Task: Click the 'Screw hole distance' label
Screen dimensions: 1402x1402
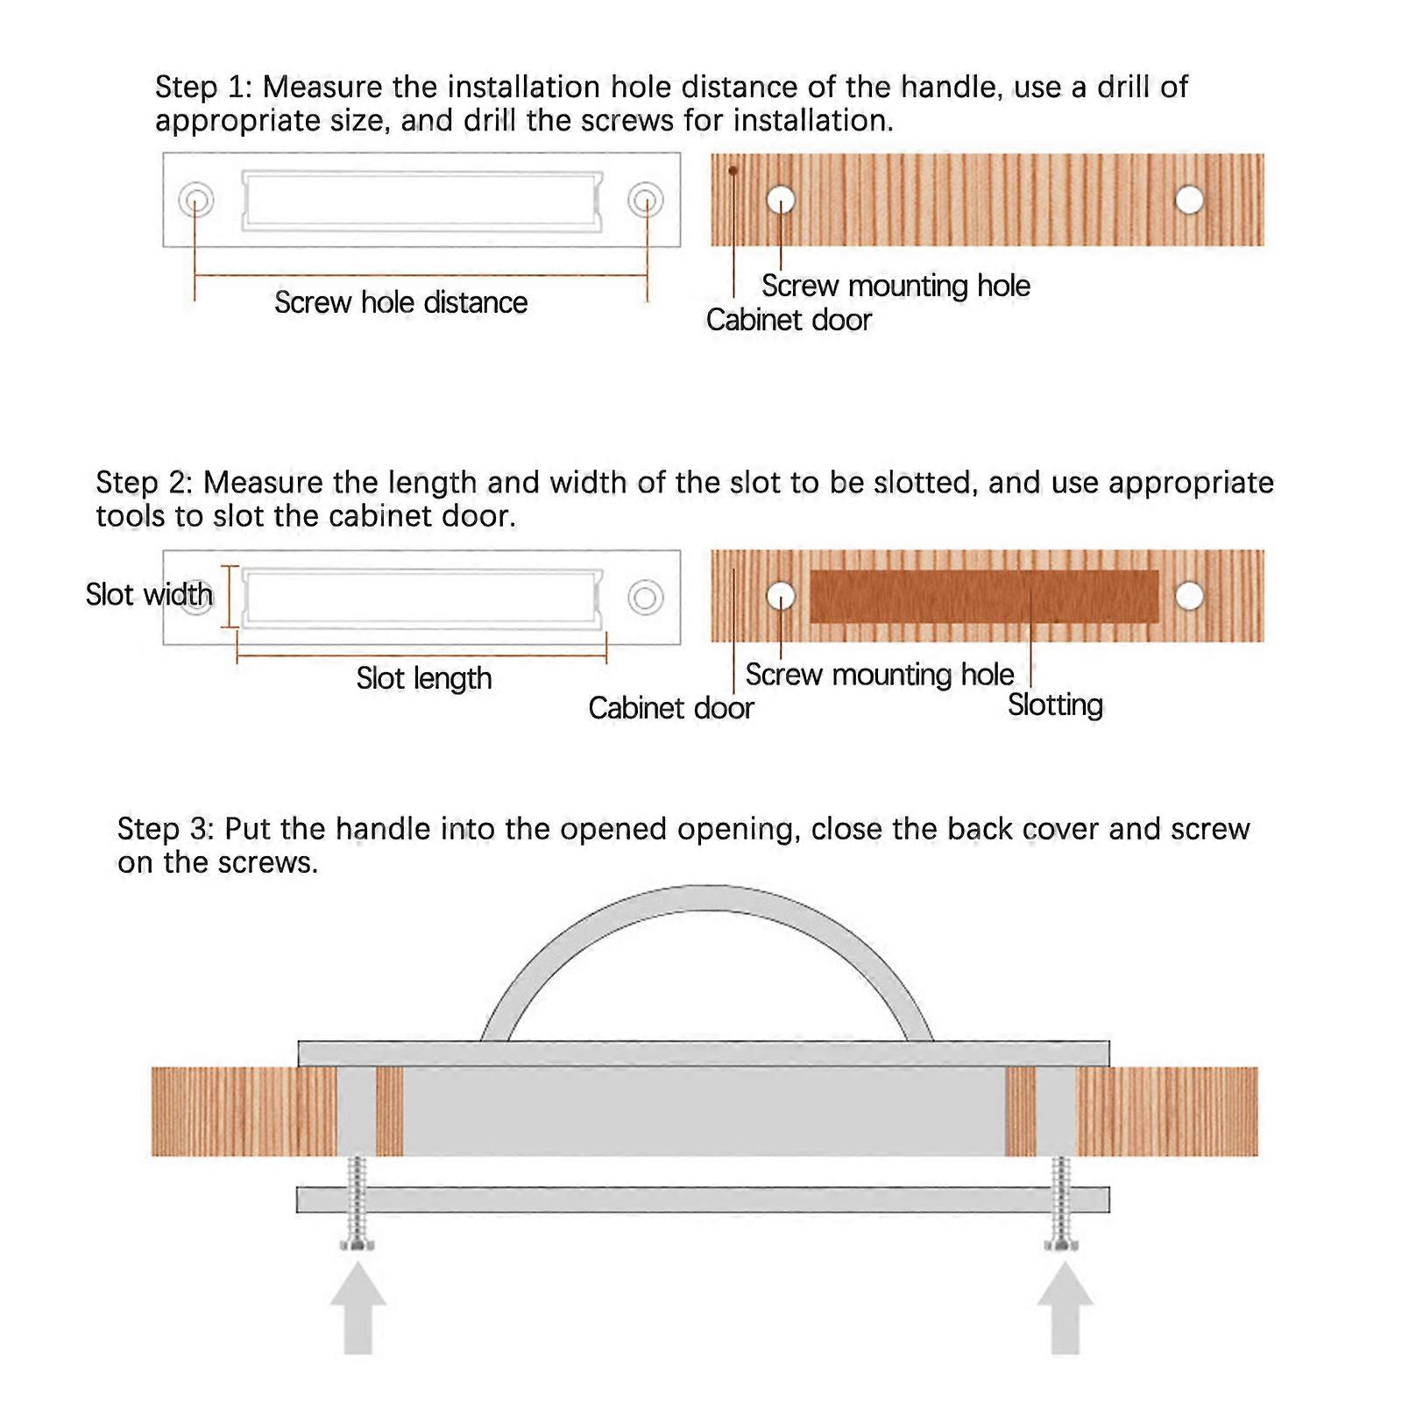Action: tap(400, 302)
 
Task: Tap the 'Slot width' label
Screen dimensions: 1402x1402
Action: tap(149, 594)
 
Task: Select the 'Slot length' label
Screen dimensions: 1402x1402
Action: tap(423, 678)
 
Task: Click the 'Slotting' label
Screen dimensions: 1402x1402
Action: tap(1055, 705)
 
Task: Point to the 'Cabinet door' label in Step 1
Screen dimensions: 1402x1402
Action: tap(789, 320)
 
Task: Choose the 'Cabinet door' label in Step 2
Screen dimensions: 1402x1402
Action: tap(670, 708)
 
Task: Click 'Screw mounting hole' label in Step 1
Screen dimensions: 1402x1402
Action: tap(896, 286)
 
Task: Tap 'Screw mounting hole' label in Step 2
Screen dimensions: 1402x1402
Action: tap(880, 675)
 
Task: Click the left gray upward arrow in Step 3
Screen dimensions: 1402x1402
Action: tap(358, 1309)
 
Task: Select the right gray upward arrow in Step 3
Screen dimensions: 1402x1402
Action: tap(1065, 1309)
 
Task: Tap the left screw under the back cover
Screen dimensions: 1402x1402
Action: tap(358, 1204)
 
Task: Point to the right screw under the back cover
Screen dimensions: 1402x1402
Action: tap(1062, 1204)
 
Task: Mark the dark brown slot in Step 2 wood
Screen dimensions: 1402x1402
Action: tap(984, 597)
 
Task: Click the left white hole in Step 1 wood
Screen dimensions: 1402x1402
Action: tap(781, 200)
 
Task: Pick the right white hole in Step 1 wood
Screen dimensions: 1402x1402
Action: tap(1189, 200)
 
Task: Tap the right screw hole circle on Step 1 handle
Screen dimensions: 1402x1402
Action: tap(645, 200)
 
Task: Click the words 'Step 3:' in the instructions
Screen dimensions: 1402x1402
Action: tap(166, 829)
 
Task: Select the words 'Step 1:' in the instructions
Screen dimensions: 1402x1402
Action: tap(204, 88)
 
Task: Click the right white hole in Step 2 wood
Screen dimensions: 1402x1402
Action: tap(1189, 596)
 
